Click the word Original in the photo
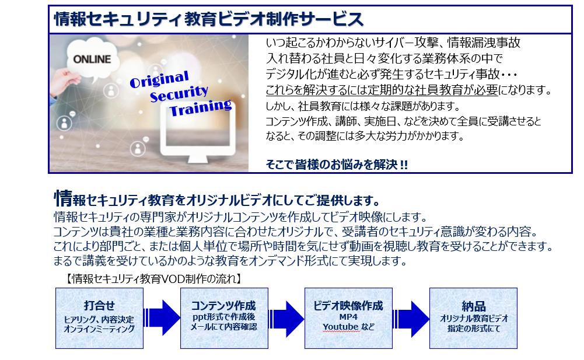pyautogui.click(x=159, y=79)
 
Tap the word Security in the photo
pyautogui.click(x=179, y=93)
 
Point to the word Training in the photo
pyautogui.click(x=200, y=107)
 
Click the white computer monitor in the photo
pyautogui.click(x=198, y=132)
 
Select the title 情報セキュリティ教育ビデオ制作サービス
pyautogui.click(x=209, y=19)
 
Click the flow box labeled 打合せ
pyautogui.click(x=99, y=318)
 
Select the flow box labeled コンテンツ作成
pyautogui.click(x=224, y=318)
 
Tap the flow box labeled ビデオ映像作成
pyautogui.click(x=349, y=318)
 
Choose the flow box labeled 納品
pyautogui.click(x=473, y=318)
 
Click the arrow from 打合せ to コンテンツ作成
pyautogui.click(x=162, y=318)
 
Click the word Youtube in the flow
pyautogui.click(x=340, y=327)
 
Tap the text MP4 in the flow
pyautogui.click(x=348, y=317)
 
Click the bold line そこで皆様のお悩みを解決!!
pyautogui.click(x=337, y=165)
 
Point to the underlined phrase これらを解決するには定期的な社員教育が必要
pyautogui.click(x=382, y=90)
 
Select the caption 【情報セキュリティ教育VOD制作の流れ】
pyautogui.click(x=153, y=279)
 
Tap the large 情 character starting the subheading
pyautogui.click(x=63, y=198)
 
